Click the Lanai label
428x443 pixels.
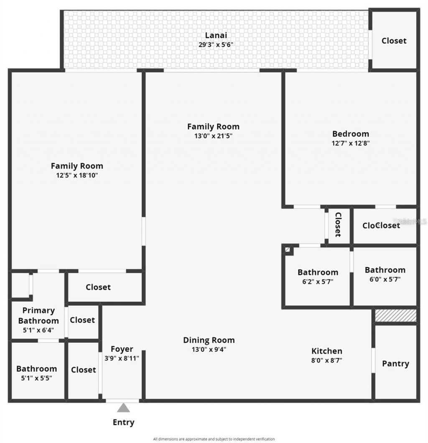point(216,35)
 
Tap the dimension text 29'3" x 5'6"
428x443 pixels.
point(216,44)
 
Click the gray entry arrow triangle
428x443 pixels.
point(123,407)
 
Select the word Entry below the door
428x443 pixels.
point(123,422)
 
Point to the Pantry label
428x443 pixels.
point(395,364)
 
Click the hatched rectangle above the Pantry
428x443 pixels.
point(395,315)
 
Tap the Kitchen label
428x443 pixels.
point(327,351)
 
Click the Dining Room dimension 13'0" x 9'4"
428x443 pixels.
point(209,349)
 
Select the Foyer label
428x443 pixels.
point(122,349)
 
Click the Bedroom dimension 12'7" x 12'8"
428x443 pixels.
point(351,143)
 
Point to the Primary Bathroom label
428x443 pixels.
point(38,316)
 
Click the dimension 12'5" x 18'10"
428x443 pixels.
point(77,175)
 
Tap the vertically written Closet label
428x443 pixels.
point(338,225)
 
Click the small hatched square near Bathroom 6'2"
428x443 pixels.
point(288,249)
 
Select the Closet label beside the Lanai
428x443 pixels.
point(394,41)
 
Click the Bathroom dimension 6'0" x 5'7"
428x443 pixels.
point(385,279)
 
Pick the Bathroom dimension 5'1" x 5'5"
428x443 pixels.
point(36,378)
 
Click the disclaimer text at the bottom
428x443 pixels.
point(214,439)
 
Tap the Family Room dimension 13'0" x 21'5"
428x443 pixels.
point(213,136)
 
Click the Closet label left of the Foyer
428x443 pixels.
point(83,370)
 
